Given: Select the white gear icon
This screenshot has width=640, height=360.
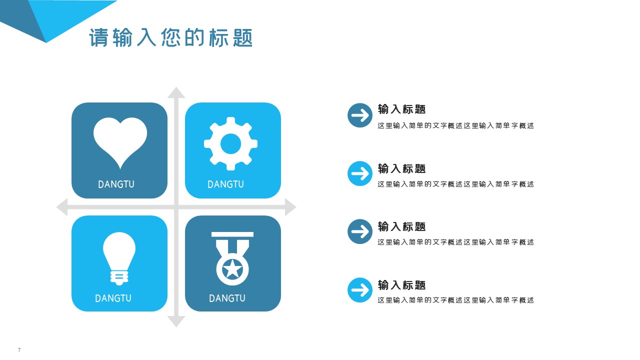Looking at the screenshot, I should click(x=231, y=144).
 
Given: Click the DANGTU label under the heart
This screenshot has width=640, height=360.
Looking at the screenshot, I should click(x=116, y=184).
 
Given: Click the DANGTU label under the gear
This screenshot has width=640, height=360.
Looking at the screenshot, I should click(x=225, y=184).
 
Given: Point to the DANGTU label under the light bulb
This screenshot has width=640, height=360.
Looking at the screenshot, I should click(x=113, y=298).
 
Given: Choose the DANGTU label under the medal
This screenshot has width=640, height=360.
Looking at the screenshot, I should click(x=227, y=298).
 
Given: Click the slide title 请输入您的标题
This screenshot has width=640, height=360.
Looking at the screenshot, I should click(x=171, y=38).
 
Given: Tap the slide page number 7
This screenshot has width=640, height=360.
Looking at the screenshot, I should click(x=19, y=350).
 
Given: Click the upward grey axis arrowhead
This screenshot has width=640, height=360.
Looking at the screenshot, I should click(x=176, y=92).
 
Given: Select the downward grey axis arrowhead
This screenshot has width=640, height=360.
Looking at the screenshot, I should click(x=176, y=321).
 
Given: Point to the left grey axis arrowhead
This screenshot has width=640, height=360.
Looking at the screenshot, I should click(x=62, y=207).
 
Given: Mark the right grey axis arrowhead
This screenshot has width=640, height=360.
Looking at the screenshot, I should click(x=290, y=207).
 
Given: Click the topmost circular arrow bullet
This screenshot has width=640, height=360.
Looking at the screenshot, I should click(x=360, y=115).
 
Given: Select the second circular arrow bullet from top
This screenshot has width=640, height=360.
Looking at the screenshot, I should click(x=360, y=174).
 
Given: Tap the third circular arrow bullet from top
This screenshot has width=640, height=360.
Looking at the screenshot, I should click(x=360, y=231).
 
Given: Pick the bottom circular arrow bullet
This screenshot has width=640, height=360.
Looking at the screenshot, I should click(x=360, y=290).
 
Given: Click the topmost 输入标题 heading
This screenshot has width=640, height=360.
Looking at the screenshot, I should click(x=401, y=109).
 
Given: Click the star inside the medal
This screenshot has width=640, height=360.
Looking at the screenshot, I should click(x=232, y=269).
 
